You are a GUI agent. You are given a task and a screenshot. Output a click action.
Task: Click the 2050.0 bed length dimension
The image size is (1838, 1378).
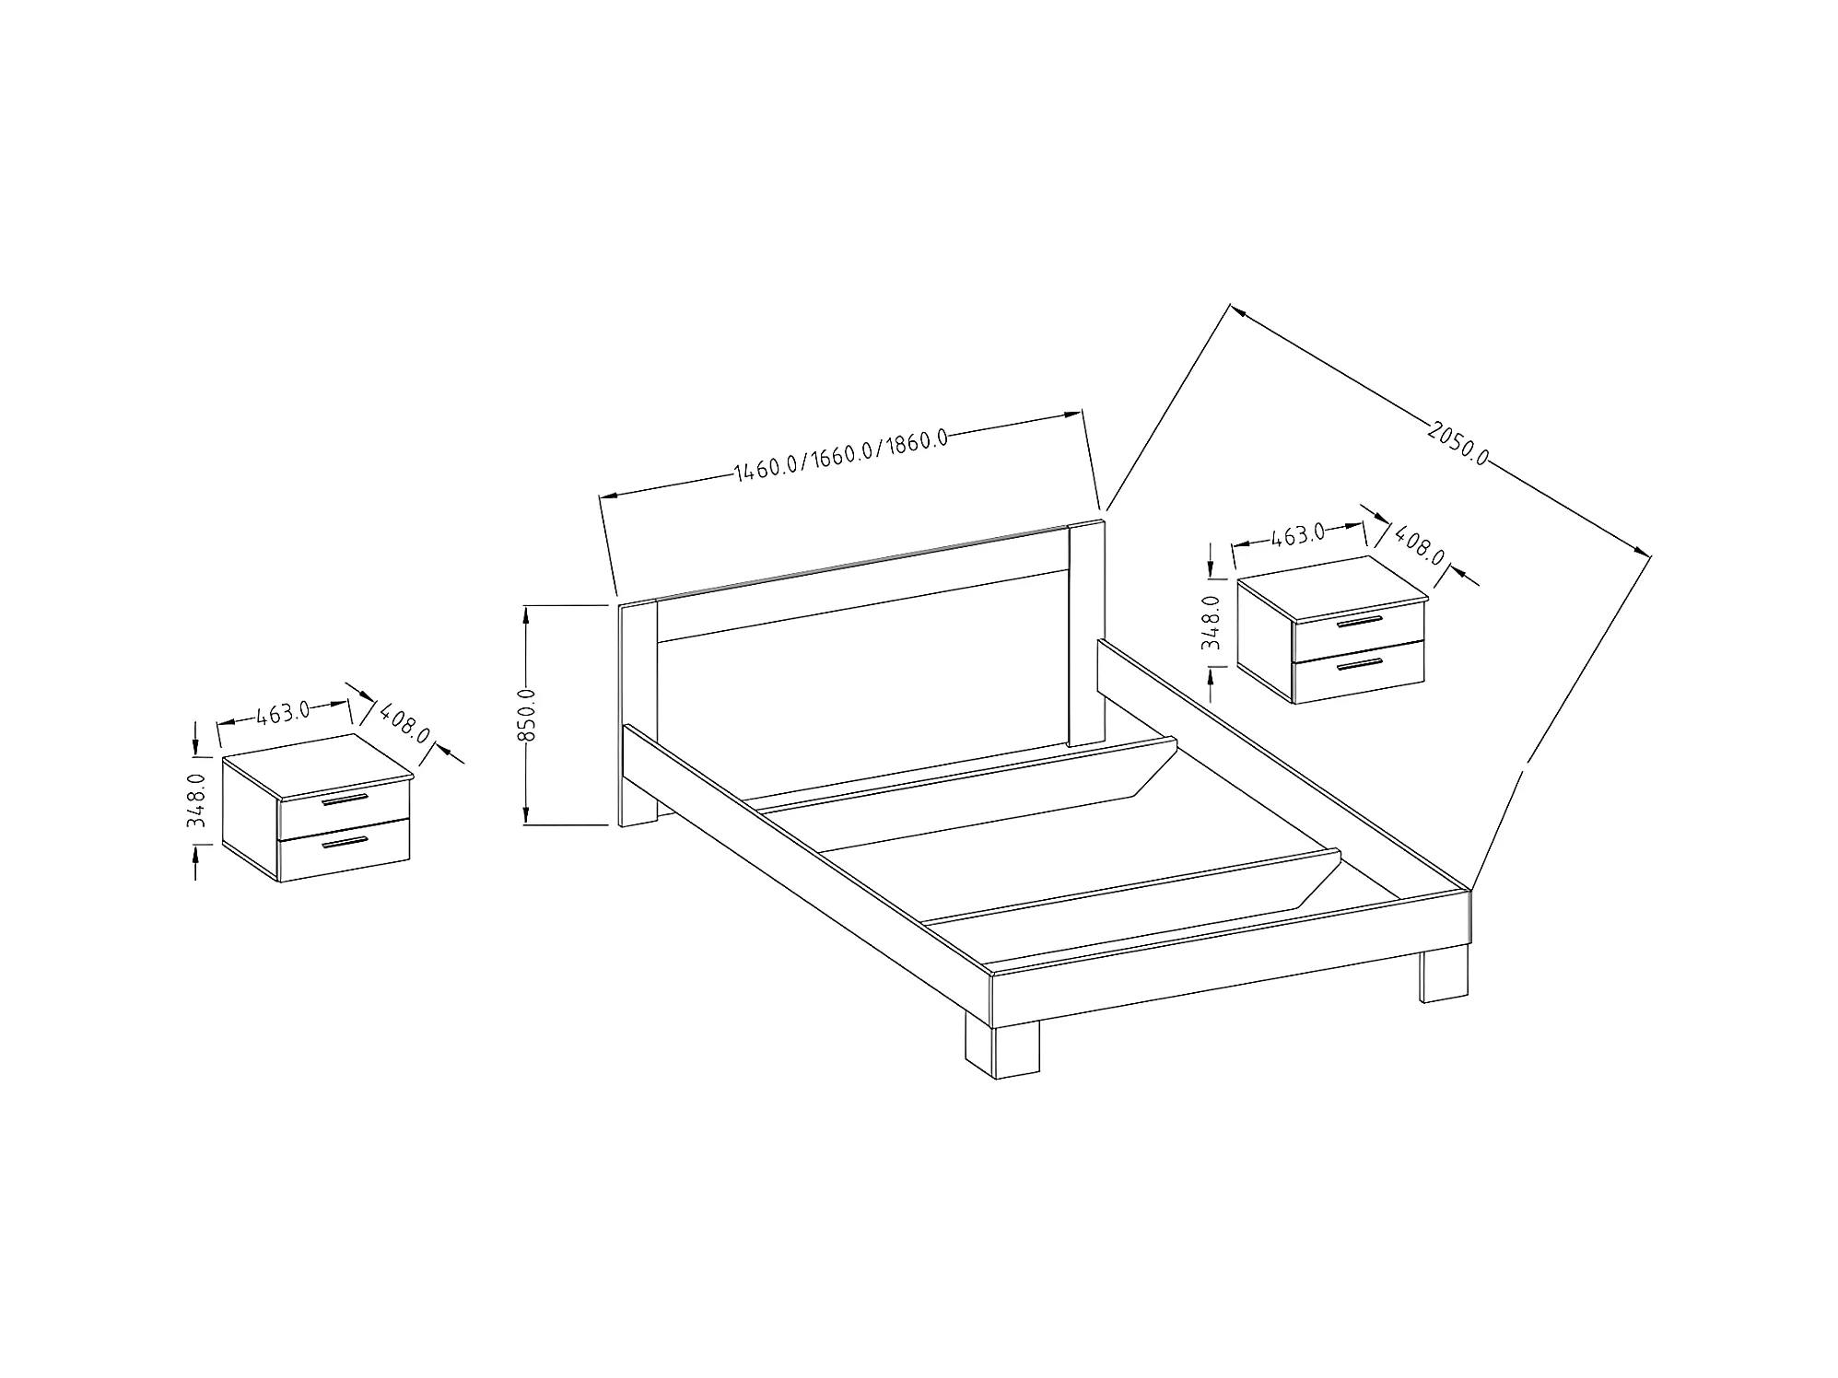pyautogui.click(x=1458, y=443)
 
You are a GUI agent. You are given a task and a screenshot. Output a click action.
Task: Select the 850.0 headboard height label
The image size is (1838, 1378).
pyautogui.click(x=527, y=715)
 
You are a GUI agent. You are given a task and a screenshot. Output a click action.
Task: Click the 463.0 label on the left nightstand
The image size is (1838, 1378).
pyautogui.click(x=283, y=714)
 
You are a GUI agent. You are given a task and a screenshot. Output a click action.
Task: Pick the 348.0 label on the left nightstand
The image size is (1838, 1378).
pyautogui.click(x=196, y=800)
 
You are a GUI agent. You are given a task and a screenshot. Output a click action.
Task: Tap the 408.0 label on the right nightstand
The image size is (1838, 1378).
pyautogui.click(x=1419, y=544)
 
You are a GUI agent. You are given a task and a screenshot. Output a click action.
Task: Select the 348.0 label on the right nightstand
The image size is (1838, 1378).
pyautogui.click(x=1212, y=622)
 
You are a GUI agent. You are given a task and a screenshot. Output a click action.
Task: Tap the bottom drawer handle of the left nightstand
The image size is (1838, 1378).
pyautogui.click(x=345, y=844)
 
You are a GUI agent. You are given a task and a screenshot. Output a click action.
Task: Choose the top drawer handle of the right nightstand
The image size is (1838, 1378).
pyautogui.click(x=1360, y=623)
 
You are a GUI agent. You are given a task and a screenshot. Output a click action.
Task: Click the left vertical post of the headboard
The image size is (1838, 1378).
pyautogui.click(x=638, y=709)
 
